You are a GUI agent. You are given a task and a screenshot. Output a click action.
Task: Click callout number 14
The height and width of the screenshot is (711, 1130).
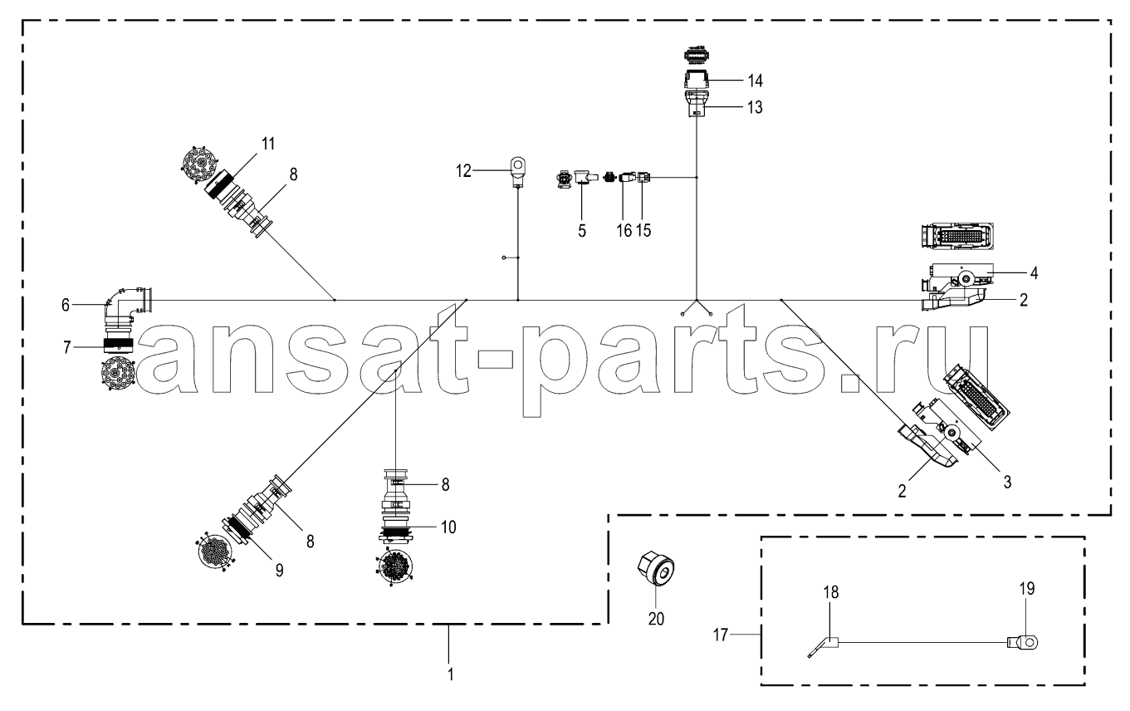tap(755, 81)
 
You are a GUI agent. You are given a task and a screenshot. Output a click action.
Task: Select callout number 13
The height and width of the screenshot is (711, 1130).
tap(755, 107)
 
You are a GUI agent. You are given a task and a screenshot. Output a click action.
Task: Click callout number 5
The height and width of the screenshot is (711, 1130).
tap(582, 231)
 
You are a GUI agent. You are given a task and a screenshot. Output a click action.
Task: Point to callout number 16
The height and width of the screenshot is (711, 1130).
tap(624, 231)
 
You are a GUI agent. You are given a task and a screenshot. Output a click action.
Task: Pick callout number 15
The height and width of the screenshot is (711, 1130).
tap(643, 231)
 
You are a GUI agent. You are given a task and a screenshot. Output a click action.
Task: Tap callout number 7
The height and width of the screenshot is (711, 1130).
tap(66, 348)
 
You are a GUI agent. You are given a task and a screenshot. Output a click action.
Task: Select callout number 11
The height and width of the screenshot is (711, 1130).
tap(268, 144)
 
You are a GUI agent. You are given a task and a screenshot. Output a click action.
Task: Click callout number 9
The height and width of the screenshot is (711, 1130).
tap(279, 571)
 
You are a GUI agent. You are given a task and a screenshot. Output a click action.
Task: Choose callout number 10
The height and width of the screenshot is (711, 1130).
tap(448, 527)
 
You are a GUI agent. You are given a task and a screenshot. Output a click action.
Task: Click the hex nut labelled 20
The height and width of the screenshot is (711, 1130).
tap(656, 569)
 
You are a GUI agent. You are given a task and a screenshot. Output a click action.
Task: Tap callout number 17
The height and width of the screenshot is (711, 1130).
tap(721, 635)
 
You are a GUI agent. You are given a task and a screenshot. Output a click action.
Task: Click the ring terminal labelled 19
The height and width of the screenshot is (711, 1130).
tap(1023, 642)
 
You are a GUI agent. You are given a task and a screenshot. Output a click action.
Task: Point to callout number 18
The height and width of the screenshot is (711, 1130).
tap(831, 592)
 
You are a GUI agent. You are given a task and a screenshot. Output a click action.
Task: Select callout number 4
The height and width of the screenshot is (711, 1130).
tap(1034, 273)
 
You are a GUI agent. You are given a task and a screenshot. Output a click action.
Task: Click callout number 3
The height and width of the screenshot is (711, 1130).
tap(1007, 483)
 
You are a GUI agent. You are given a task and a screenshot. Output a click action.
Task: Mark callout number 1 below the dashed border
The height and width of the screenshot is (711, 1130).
tap(451, 674)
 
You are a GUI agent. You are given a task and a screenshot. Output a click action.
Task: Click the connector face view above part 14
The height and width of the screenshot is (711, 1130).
tap(696, 56)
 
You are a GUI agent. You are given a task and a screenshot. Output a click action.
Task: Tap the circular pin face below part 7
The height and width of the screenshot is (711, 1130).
tap(118, 374)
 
